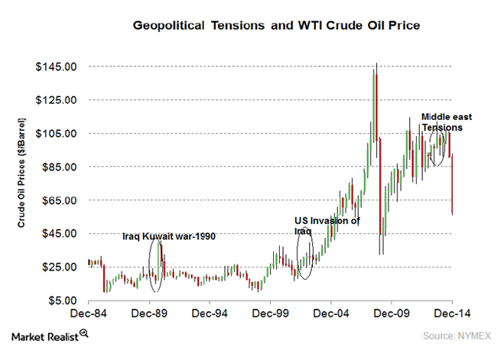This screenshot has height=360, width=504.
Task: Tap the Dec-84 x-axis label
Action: [x=89, y=313]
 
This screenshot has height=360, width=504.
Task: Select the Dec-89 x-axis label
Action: [x=150, y=313]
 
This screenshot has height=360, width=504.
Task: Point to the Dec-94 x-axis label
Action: [x=210, y=313]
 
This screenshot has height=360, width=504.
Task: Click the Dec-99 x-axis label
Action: [x=271, y=313]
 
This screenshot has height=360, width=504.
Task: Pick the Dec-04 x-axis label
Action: [x=331, y=313]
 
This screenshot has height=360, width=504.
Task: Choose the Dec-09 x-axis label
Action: [x=392, y=313]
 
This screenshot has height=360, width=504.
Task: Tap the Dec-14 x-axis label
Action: [x=452, y=313]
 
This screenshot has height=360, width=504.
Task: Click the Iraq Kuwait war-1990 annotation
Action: [x=170, y=237]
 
